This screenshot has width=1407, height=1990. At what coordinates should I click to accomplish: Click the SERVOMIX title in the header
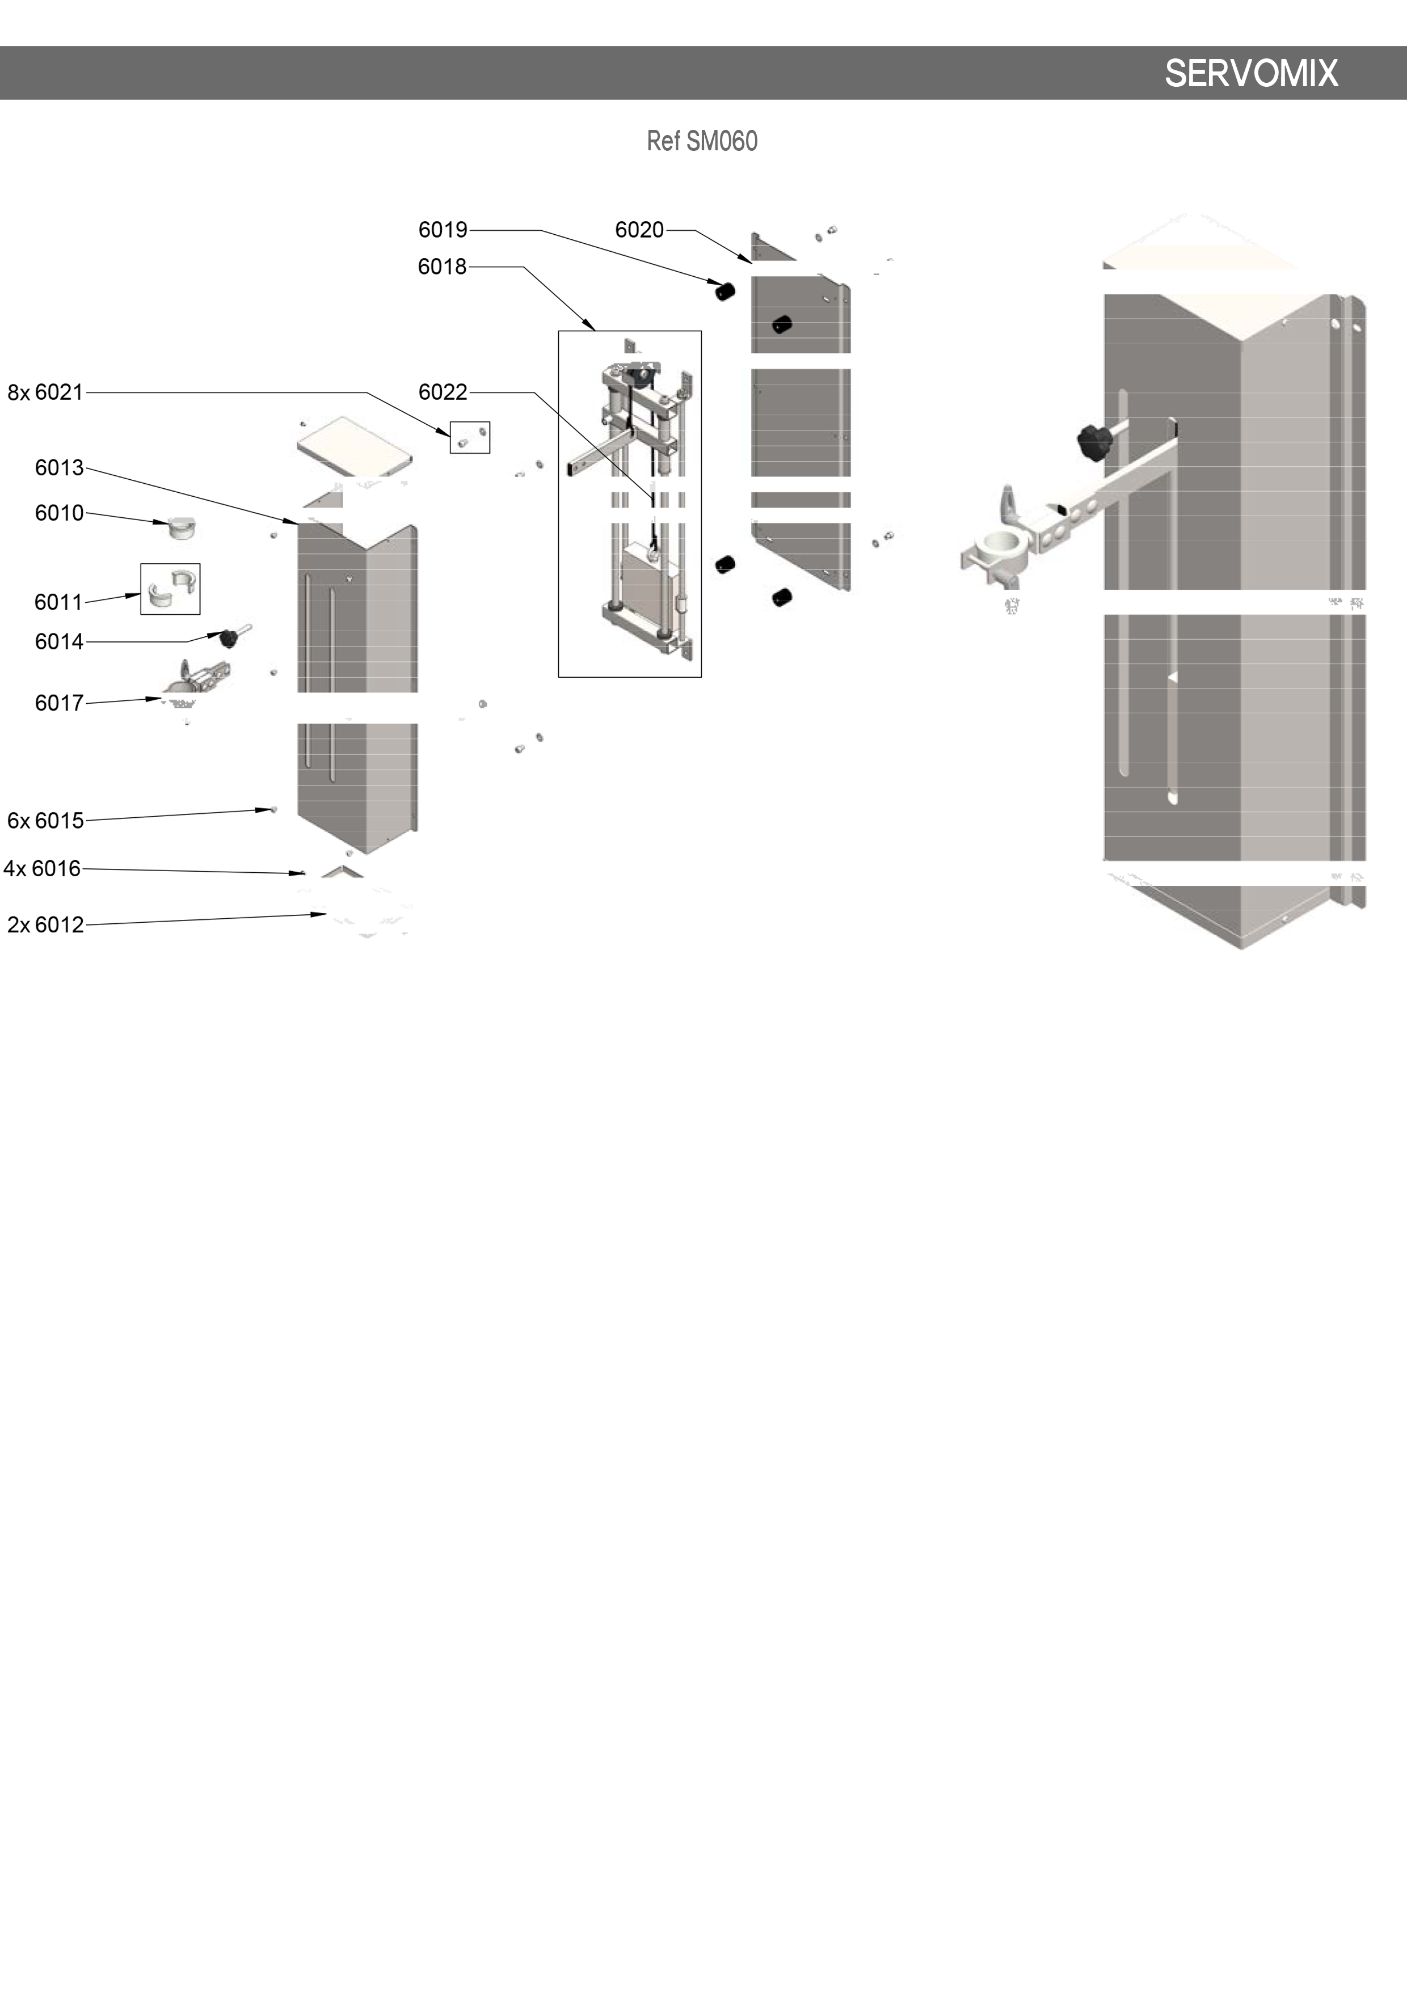point(1251,74)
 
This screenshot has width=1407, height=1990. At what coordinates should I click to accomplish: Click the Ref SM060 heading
point(702,141)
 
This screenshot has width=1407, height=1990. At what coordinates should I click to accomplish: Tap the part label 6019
point(442,230)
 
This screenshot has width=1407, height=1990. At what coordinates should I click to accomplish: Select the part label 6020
point(639,230)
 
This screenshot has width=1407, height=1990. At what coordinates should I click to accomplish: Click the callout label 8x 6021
point(45,392)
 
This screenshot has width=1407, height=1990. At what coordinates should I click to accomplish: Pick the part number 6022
point(442,392)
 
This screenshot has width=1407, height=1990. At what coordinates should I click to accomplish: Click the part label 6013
point(59,468)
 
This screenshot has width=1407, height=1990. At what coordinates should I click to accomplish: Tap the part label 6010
point(59,513)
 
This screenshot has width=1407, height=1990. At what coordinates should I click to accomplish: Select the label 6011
point(58,602)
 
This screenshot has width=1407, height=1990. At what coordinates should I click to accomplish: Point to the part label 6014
point(59,641)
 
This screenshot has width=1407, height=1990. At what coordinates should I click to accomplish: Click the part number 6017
point(59,703)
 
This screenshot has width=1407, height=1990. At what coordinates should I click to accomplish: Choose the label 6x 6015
point(45,821)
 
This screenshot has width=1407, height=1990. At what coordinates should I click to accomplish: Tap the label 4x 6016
point(41,868)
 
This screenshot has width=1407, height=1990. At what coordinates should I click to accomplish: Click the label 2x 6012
point(45,925)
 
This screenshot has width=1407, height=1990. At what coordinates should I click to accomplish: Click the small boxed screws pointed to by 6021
point(470,438)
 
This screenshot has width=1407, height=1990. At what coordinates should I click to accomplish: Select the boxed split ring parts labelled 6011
point(170,589)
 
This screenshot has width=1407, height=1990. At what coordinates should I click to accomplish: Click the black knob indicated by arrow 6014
point(229,639)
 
